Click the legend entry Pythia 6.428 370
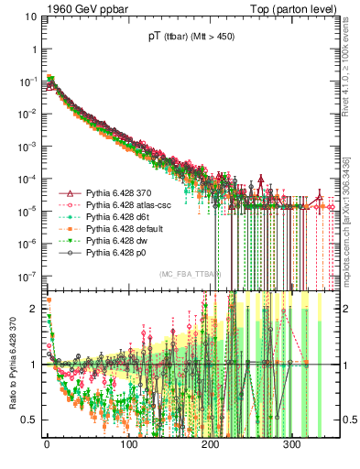115,195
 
